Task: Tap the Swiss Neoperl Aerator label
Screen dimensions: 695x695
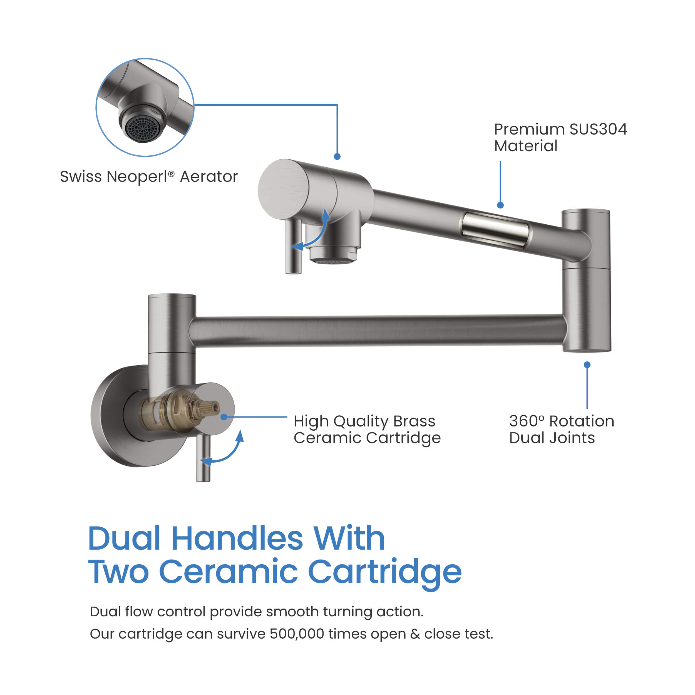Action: (x=148, y=177)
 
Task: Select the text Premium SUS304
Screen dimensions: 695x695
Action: (x=560, y=129)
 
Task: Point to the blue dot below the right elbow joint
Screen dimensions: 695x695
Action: (x=587, y=365)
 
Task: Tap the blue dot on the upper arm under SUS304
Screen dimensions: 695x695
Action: (x=500, y=205)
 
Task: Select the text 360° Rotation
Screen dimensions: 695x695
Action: (x=561, y=421)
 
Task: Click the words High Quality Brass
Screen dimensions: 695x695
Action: (x=364, y=421)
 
